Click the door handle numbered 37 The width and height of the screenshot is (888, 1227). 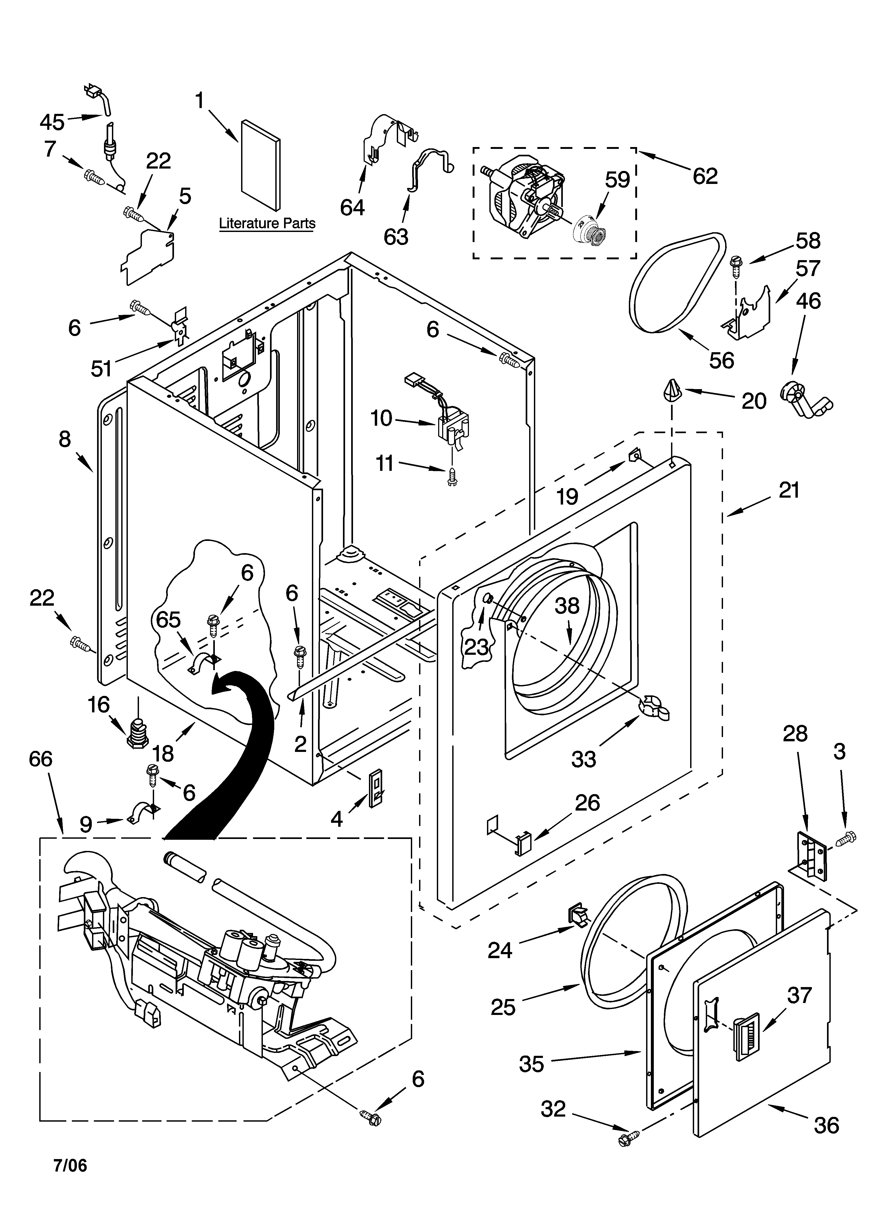click(x=746, y=1039)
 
